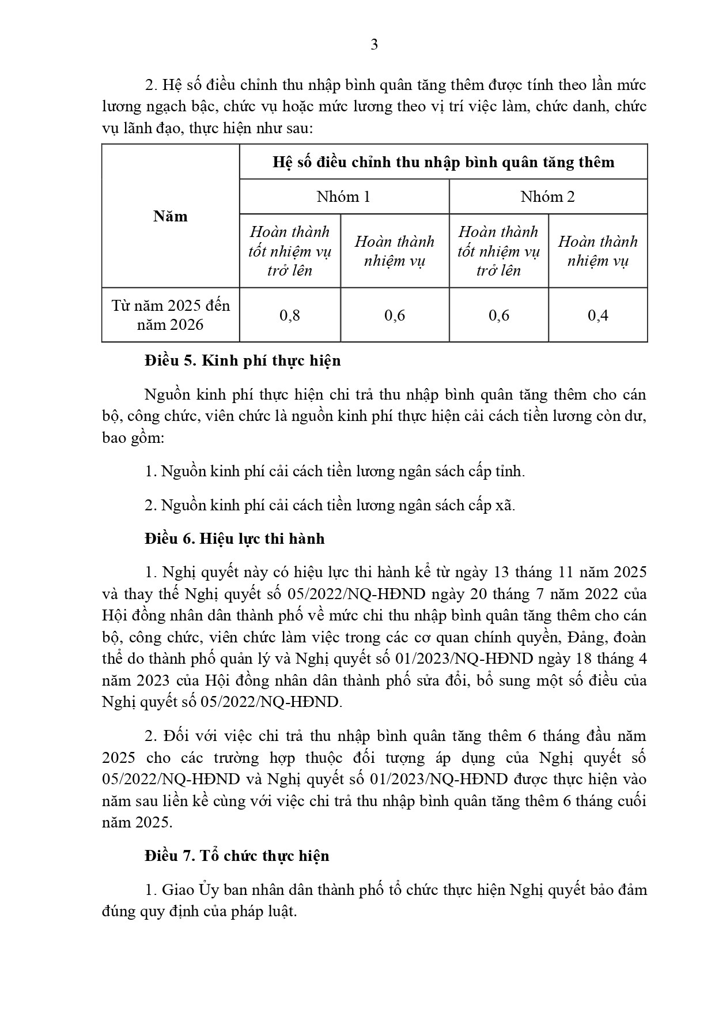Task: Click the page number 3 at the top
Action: pyautogui.click(x=374, y=45)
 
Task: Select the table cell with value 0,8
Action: pyautogui.click(x=290, y=315)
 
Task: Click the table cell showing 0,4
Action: pyautogui.click(x=597, y=315)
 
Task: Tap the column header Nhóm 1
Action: pyautogui.click(x=343, y=197)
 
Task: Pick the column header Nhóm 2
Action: pyautogui.click(x=547, y=197)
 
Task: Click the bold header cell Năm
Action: pyautogui.click(x=171, y=216)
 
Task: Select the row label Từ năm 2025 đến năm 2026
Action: pyautogui.click(x=171, y=315)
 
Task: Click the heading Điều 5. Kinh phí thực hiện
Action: pyautogui.click(x=243, y=360)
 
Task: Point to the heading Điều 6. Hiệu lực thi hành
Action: pyautogui.click(x=234, y=539)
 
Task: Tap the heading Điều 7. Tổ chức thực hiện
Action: pyautogui.click(x=237, y=856)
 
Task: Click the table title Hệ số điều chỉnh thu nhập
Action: pyautogui.click(x=443, y=162)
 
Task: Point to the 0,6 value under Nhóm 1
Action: pyautogui.click(x=395, y=315)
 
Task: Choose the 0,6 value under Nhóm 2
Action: pyautogui.click(x=498, y=315)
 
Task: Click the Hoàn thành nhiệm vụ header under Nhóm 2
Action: pyautogui.click(x=597, y=251)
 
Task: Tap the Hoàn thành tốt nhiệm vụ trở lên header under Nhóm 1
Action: pyautogui.click(x=290, y=251)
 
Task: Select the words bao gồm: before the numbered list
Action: pyautogui.click(x=133, y=438)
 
